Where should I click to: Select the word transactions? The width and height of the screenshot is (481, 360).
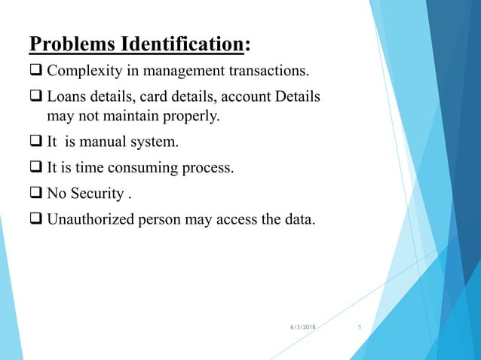[x=266, y=72]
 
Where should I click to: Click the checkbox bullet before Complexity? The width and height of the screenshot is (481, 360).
[x=36, y=72]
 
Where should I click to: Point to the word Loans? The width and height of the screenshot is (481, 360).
[x=66, y=98]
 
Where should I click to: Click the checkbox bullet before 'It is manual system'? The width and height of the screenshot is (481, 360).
[x=36, y=141]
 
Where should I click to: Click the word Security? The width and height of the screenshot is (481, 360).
[x=97, y=194]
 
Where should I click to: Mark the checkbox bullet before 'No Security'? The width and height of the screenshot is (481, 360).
[x=36, y=194]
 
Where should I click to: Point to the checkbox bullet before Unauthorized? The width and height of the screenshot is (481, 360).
[x=36, y=220]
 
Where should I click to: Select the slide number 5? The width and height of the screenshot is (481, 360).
[x=360, y=326]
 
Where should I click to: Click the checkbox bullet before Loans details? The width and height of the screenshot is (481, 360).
[x=36, y=98]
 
